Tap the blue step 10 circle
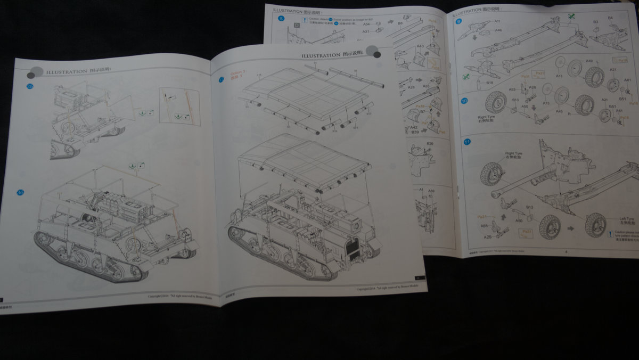464,100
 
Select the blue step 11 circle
466,142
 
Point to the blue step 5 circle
281,18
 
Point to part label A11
497,21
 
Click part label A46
498,30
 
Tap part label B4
610,18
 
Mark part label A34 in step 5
366,24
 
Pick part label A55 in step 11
485,226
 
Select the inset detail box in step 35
179,106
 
